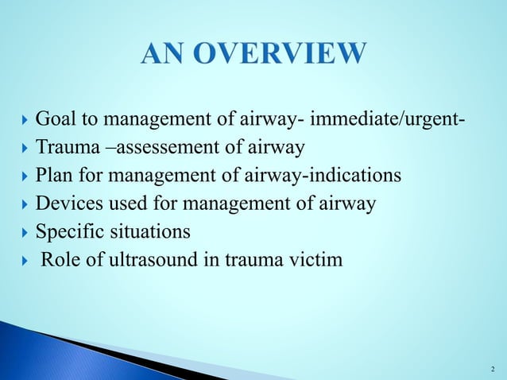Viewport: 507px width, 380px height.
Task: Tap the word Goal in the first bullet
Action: coord(56,120)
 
